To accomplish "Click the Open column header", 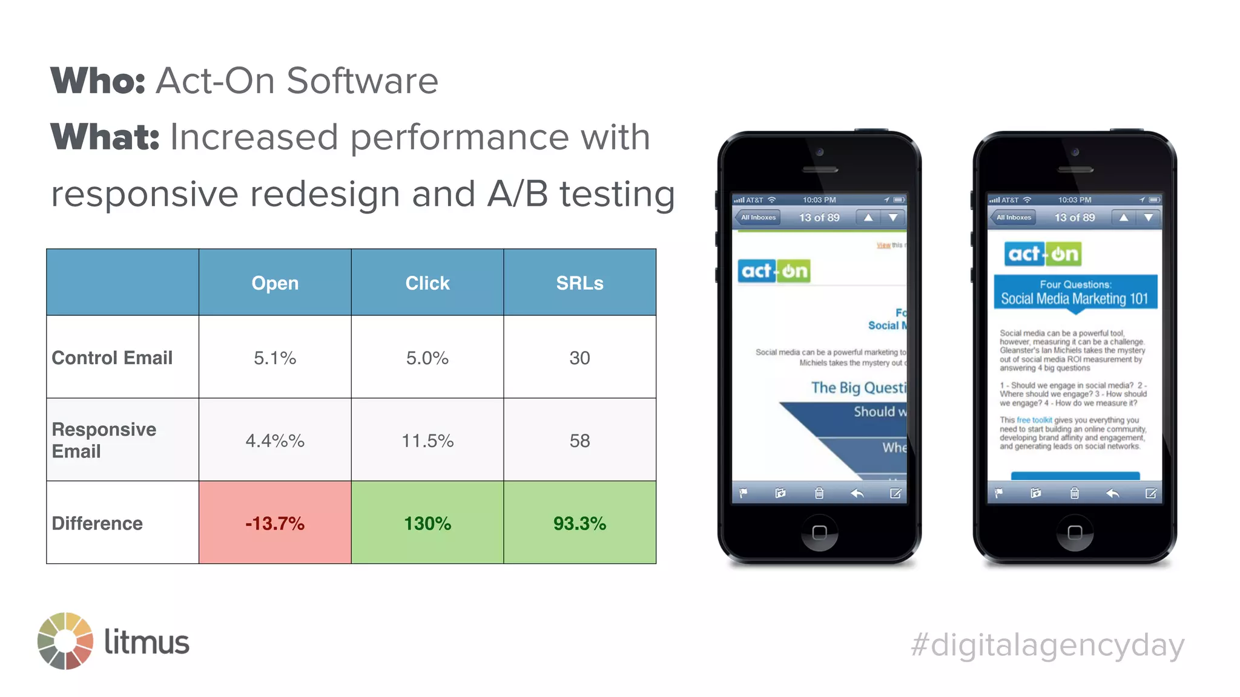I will click(275, 283).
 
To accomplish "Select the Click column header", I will click(427, 283).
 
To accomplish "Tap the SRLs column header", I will click(579, 283).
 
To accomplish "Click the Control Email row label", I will click(112, 358).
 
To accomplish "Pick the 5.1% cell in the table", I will click(275, 358).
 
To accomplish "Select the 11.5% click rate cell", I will click(427, 440).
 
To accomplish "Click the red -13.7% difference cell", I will click(275, 523).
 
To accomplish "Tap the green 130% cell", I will click(427, 523).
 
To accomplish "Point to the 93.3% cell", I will click(579, 523).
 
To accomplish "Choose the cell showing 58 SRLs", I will click(579, 440).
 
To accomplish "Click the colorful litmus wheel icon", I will click(65, 641).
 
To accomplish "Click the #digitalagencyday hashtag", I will click(1047, 645).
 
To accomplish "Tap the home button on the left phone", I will click(819, 532).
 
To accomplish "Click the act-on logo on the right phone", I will click(1043, 254).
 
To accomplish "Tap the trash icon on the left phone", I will click(819, 494).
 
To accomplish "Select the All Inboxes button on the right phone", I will click(1014, 217).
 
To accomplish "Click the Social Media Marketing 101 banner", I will click(1075, 293).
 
